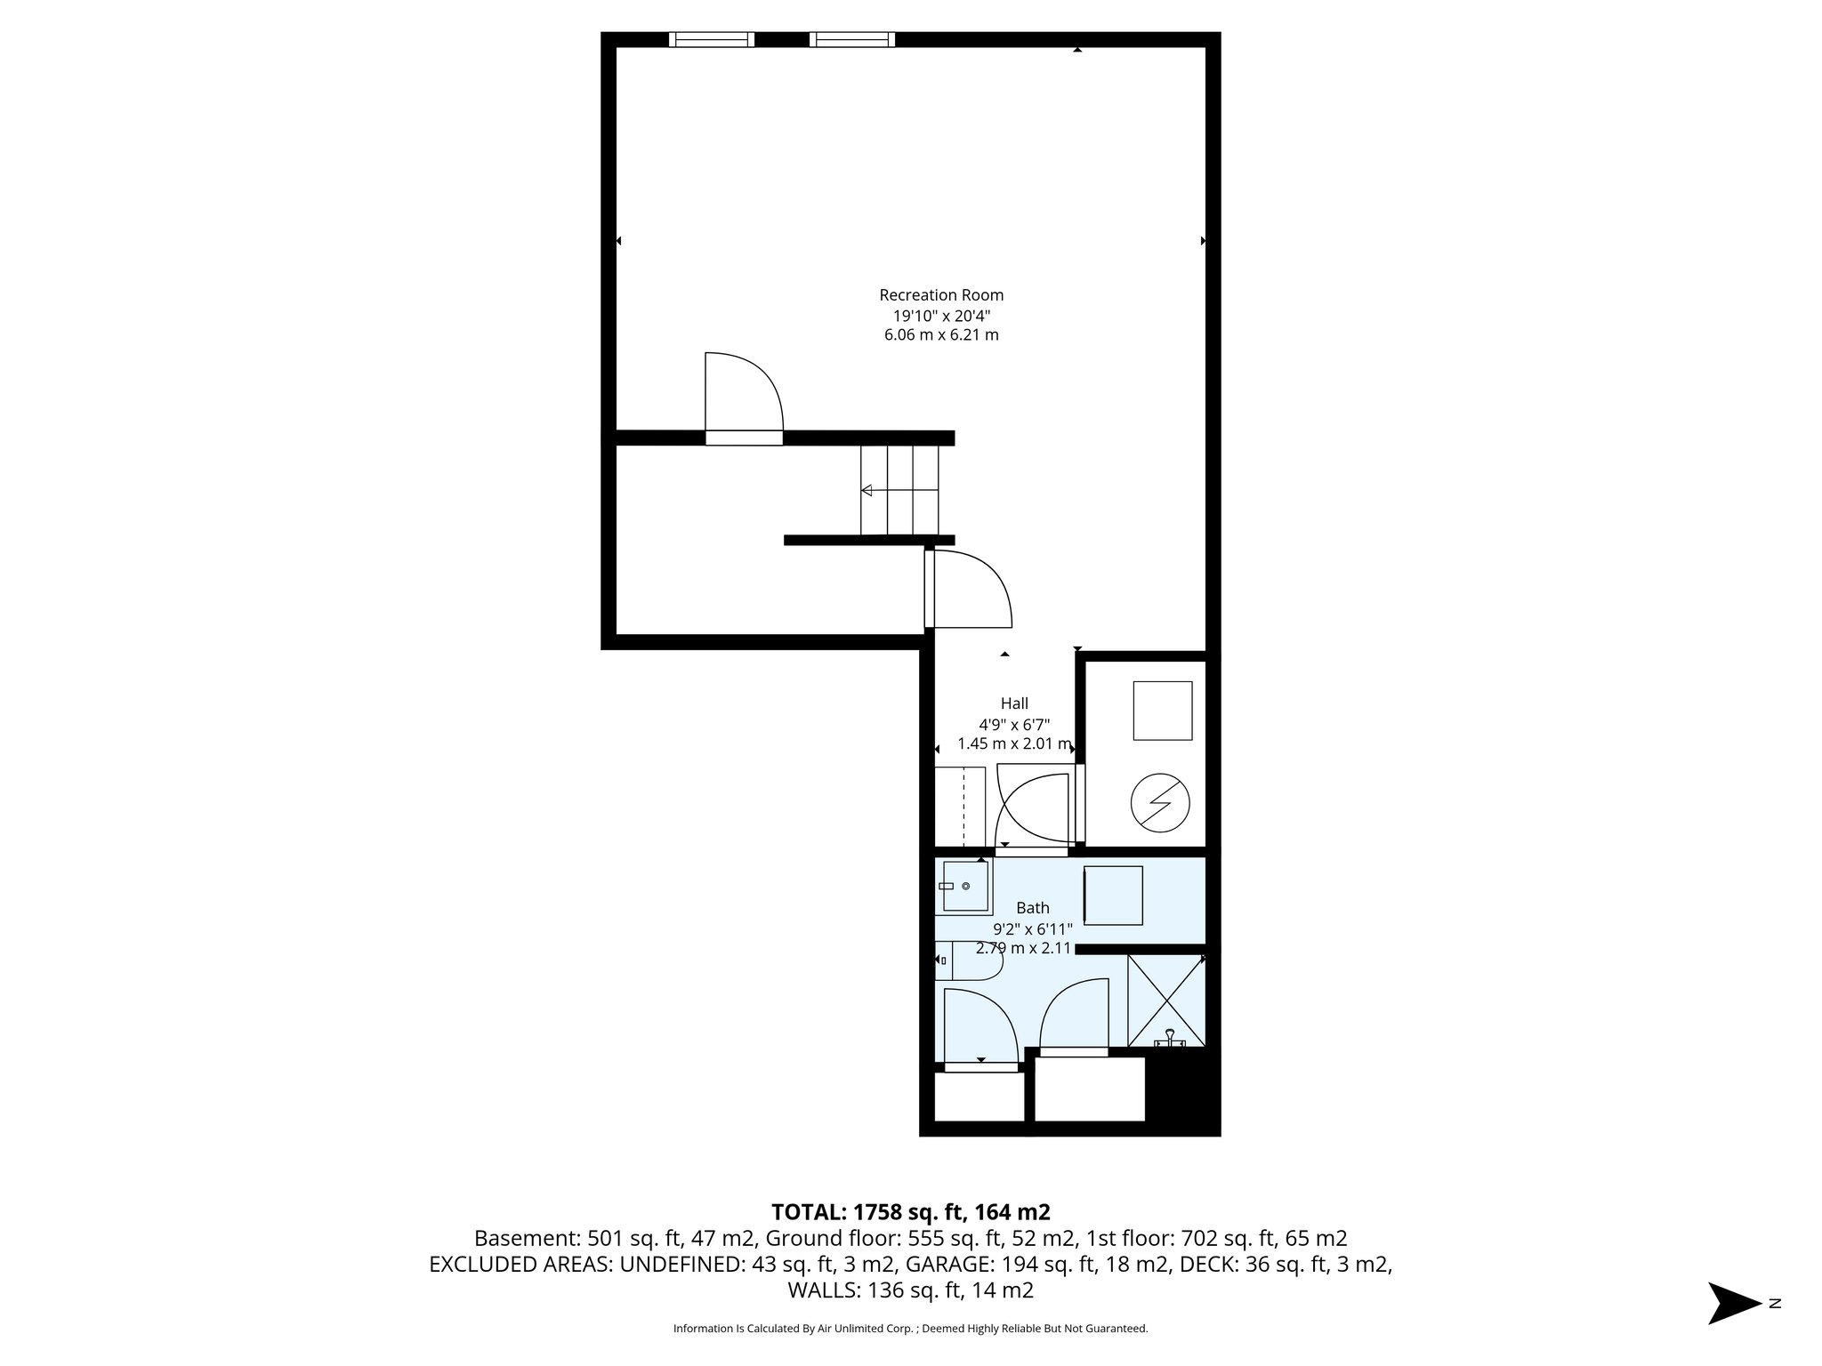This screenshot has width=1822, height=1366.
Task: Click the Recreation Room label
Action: point(941,295)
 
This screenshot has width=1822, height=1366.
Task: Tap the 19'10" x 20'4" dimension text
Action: point(941,316)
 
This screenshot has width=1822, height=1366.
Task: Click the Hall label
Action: point(1014,703)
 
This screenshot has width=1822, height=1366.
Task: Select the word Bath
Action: point(1033,908)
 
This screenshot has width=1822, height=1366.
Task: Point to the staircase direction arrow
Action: point(867,490)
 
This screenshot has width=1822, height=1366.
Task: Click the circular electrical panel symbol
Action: point(1160,803)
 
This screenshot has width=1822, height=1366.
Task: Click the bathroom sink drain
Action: point(965,887)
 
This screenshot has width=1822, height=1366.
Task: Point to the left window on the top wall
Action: point(711,39)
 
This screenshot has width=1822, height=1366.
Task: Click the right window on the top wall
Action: point(852,39)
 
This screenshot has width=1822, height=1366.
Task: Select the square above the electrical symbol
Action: point(1162,711)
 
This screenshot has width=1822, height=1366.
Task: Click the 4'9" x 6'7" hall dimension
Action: point(1014,724)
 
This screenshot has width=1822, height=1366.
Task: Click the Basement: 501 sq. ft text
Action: point(615,1239)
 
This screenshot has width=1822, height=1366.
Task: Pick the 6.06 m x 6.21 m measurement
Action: point(941,335)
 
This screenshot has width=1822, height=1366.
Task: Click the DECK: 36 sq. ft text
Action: point(1260,1265)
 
